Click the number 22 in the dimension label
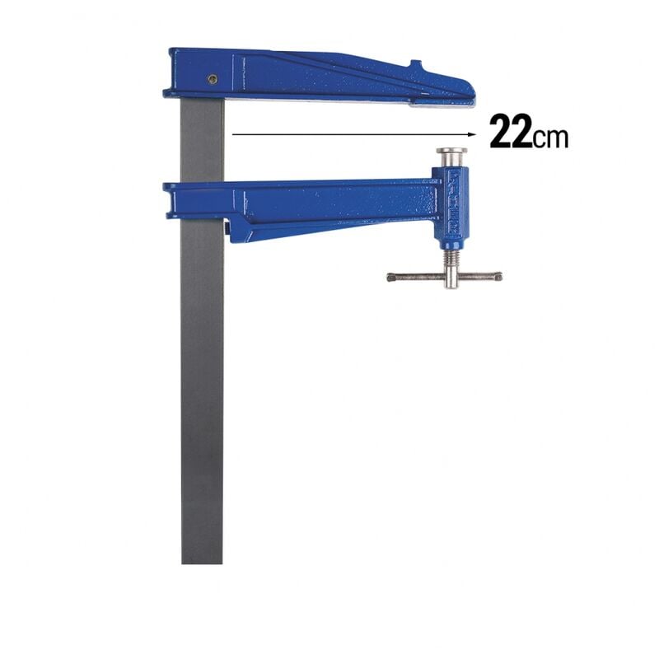[x=511, y=132]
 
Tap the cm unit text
[x=550, y=137]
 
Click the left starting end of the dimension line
[x=233, y=133]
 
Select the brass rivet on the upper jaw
[x=213, y=79]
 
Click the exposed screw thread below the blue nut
[x=451, y=264]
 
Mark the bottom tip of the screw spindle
[x=451, y=287]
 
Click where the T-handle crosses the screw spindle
[x=451, y=277]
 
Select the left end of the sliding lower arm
[x=167, y=198]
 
